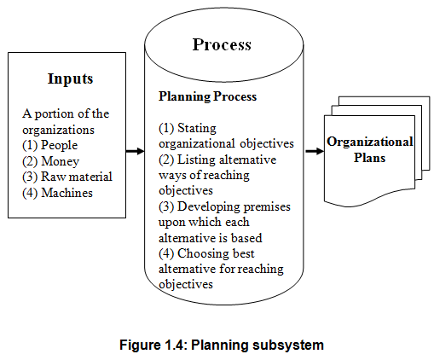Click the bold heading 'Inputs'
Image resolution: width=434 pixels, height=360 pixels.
tap(70, 78)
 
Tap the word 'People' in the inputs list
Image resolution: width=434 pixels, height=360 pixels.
tap(59, 145)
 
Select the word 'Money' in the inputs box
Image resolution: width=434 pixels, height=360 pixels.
tap(60, 161)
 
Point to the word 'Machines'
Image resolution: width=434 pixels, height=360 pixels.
tap(67, 193)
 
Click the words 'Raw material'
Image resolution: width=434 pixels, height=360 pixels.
tap(77, 177)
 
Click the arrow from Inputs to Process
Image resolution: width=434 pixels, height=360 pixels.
tap(135, 151)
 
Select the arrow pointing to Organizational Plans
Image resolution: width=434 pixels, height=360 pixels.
tap(315, 151)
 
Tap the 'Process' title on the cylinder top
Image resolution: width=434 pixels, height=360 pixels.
tap(222, 44)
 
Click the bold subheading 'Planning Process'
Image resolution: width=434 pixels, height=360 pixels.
tap(207, 96)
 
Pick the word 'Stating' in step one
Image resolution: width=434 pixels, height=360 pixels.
tap(197, 129)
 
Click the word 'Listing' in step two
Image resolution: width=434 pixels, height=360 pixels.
tap(196, 160)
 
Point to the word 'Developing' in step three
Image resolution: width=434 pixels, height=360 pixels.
tap(209, 206)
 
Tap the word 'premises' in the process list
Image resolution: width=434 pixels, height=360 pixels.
tap(267, 207)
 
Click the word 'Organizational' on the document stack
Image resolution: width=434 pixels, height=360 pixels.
tap(370, 142)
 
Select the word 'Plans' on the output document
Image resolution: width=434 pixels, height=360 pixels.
tap(369, 158)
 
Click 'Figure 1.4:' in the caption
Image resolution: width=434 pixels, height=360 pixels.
tap(153, 345)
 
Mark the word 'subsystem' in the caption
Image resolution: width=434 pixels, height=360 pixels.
tap(287, 345)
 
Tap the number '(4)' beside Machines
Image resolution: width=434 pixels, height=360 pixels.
tap(30, 193)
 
